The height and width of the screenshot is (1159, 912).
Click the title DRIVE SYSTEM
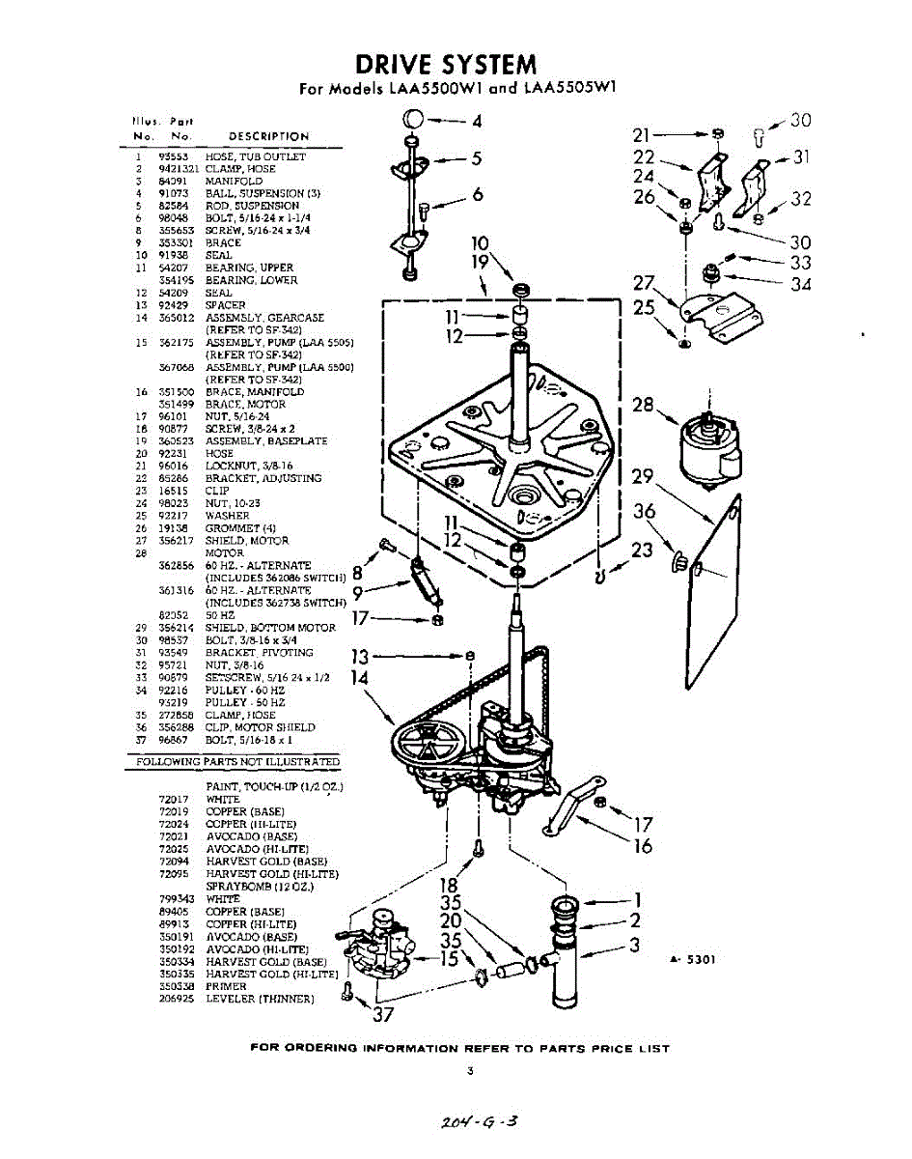coord(445,65)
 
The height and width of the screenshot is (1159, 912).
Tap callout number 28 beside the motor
coord(644,405)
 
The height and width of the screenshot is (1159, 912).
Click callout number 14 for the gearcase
coord(360,678)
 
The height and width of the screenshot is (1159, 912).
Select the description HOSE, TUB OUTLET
coord(255,156)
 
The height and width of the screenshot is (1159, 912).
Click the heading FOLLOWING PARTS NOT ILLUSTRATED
coord(235,763)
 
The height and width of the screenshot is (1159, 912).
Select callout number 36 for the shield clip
coord(645,512)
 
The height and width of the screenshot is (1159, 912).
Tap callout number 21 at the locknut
coord(643,135)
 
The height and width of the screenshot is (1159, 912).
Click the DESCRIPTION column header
coord(268,136)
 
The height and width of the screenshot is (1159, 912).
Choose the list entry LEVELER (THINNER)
coord(260,999)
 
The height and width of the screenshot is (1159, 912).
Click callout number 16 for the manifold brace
coord(643,846)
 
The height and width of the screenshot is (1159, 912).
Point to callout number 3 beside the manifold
coord(634,945)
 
